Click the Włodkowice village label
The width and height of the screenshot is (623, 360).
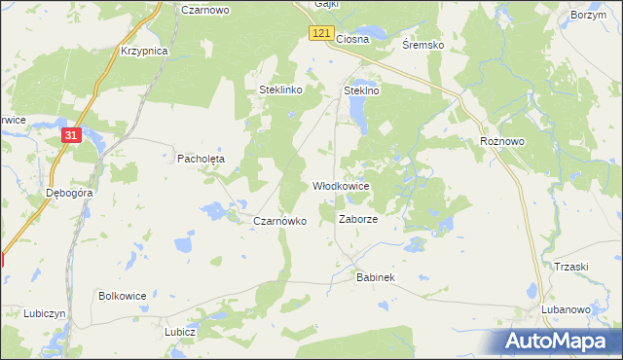click(340, 185)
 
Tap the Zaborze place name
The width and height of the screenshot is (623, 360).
click(357, 220)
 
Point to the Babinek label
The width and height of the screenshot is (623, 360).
click(375, 278)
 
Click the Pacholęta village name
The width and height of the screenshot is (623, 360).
click(201, 158)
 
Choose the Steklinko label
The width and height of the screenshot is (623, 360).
click(282, 90)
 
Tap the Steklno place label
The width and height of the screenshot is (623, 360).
click(360, 90)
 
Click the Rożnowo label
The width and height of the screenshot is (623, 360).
click(502, 141)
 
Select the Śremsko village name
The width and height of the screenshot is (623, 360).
click(423, 45)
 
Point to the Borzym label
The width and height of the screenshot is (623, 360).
click(589, 16)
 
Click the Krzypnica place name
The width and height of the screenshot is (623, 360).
click(144, 50)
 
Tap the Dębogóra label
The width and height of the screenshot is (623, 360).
click(69, 193)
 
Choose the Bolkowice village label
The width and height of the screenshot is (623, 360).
click(122, 294)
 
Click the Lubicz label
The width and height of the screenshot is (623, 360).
click(181, 331)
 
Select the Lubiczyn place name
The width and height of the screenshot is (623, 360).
click(46, 313)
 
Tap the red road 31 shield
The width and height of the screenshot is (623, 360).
click(71, 136)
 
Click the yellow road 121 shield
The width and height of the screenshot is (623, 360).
click(324, 33)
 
